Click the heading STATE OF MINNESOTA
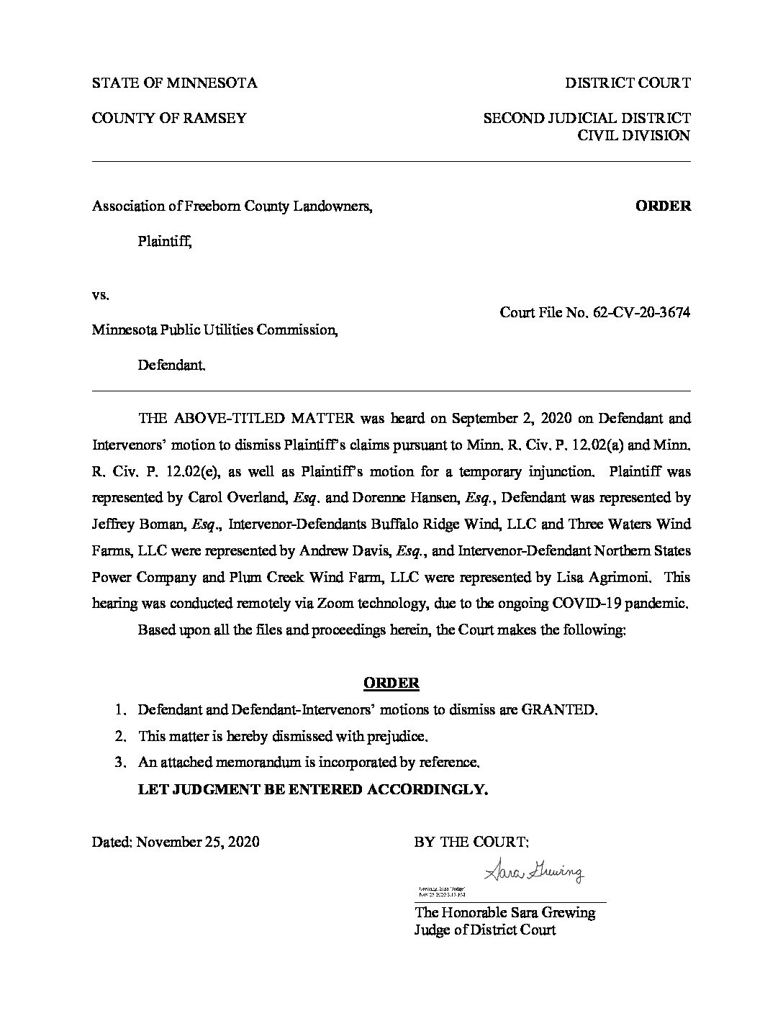(174, 83)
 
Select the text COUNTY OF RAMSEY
(169, 118)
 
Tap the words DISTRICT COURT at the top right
(628, 83)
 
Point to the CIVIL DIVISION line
(635, 135)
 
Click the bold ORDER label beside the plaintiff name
(663, 206)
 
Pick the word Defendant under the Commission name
(171, 365)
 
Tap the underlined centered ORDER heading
(391, 683)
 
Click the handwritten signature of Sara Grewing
(534, 872)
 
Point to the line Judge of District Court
(485, 930)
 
